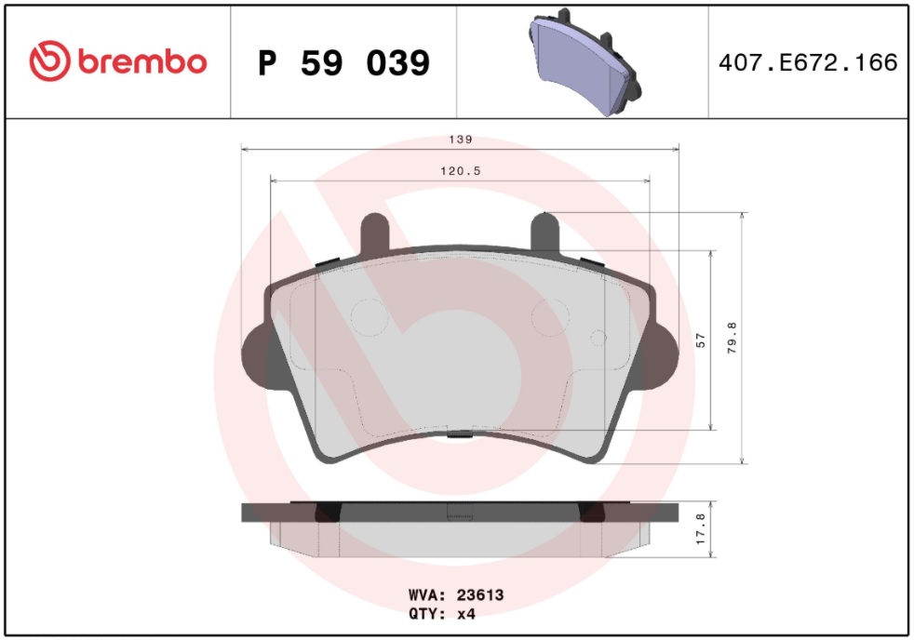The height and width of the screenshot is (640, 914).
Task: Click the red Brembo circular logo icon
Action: pyautogui.click(x=49, y=61)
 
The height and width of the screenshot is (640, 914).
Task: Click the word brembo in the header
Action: pyautogui.click(x=142, y=61)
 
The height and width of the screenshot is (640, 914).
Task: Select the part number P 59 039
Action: pyautogui.click(x=344, y=63)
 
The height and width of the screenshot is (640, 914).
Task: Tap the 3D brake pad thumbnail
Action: pyautogui.click(x=585, y=61)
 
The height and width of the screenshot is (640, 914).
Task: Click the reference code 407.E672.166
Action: pyautogui.click(x=808, y=62)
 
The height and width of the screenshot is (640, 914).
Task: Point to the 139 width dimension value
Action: pyautogui.click(x=461, y=140)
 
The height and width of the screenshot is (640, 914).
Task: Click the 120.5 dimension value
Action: pyautogui.click(x=461, y=170)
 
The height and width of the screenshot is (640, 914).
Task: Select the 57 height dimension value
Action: pyautogui.click(x=701, y=340)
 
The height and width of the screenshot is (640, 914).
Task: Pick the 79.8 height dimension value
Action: pyautogui.click(x=733, y=338)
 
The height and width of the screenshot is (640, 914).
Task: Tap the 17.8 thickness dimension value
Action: pyautogui.click(x=701, y=528)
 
